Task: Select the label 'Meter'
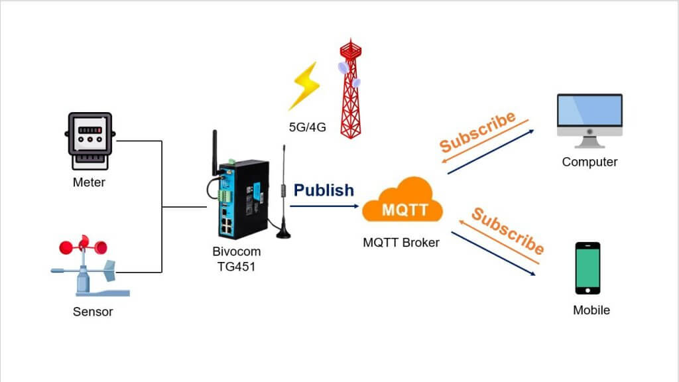click(89, 182)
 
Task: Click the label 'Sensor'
click(93, 312)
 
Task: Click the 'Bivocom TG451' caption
click(236, 259)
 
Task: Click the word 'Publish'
click(324, 190)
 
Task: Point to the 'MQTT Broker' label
click(401, 243)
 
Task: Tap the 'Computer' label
click(589, 162)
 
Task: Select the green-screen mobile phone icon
click(587, 268)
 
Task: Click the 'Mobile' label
click(591, 310)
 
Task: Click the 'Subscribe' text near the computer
click(477, 132)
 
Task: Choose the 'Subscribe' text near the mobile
click(507, 230)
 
